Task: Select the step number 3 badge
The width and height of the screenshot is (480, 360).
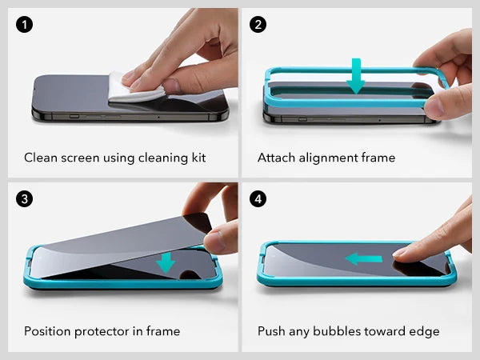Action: click(x=26, y=198)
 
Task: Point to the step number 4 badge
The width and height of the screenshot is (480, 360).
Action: click(x=258, y=198)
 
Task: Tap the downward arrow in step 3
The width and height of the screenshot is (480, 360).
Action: click(x=166, y=261)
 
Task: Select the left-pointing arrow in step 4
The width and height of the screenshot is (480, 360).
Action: click(x=363, y=258)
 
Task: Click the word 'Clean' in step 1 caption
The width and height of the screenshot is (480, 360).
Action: click(x=41, y=158)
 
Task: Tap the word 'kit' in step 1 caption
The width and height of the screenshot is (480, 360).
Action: click(x=196, y=158)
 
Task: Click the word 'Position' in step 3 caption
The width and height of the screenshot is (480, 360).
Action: click(x=48, y=331)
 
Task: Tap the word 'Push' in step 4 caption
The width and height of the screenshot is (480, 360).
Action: click(x=272, y=331)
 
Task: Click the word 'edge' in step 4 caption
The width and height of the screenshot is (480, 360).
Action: click(x=424, y=331)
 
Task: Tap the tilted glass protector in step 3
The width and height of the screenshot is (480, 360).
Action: click(x=120, y=240)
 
